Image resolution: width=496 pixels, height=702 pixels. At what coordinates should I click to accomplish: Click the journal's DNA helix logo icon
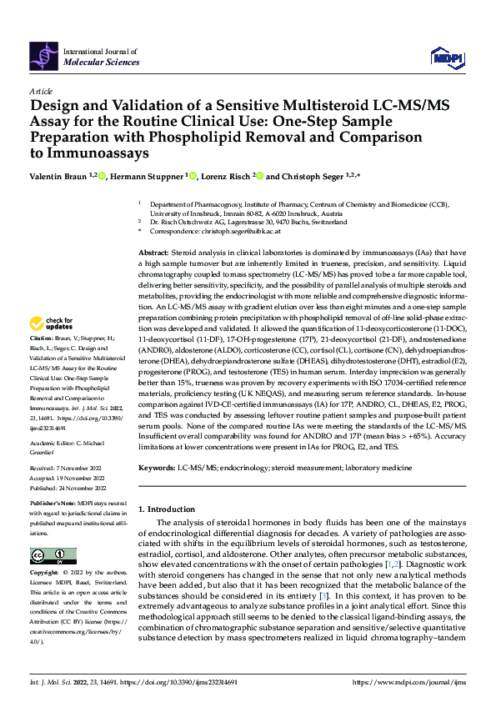pos(43,55)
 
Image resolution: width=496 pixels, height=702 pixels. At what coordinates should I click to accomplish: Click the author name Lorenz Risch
pos(226,175)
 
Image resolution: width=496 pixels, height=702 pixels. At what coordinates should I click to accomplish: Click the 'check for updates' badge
pos(53,323)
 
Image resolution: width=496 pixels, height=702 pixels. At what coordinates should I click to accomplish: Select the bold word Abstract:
pos(155,252)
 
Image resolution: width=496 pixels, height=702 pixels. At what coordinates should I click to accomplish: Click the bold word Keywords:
pos(157,469)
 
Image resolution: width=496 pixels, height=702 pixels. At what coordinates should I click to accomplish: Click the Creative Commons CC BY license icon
pos(53,556)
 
